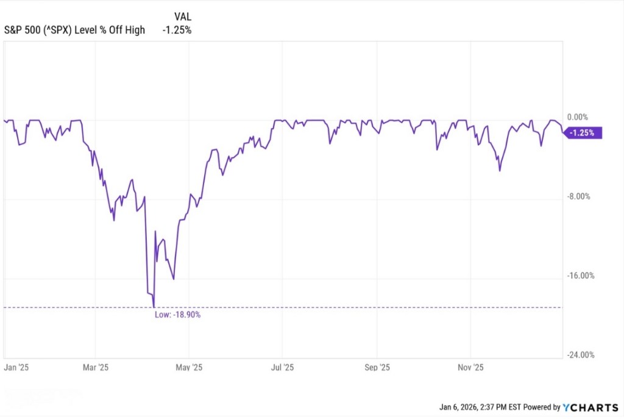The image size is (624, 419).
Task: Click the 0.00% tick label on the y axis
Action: tap(577, 117)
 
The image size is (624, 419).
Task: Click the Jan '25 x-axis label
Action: tap(16, 368)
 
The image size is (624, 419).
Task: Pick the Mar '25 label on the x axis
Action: tap(95, 368)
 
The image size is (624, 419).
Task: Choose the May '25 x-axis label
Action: tap(189, 368)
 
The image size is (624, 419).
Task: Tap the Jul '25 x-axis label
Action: tap(283, 368)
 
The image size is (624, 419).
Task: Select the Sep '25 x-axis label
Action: tap(377, 368)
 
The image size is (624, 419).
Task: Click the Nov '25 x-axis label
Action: tap(470, 368)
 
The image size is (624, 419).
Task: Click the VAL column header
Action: tap(183, 16)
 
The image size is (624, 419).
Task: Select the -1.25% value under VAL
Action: tap(177, 30)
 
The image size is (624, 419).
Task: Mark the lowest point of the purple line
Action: tap(154, 307)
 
